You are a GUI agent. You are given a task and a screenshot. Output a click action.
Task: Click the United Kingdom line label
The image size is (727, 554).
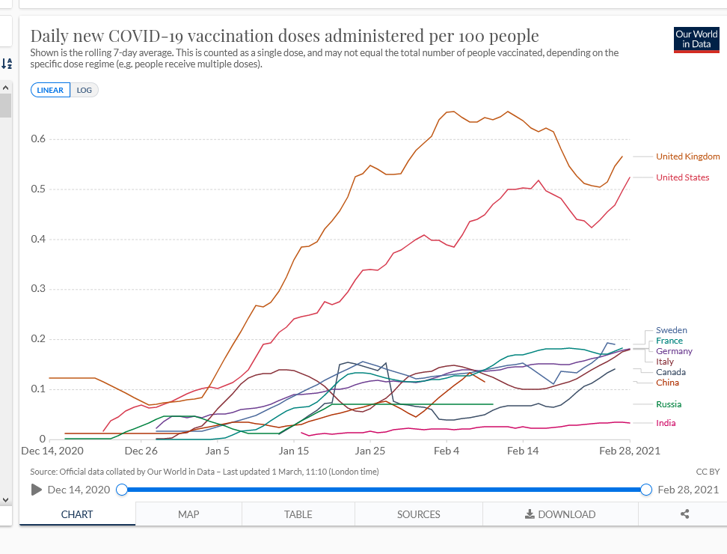pyautogui.click(x=687, y=156)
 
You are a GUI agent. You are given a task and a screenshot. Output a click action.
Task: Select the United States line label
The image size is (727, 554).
pyautogui.click(x=682, y=177)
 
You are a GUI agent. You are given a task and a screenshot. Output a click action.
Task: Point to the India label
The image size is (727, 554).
pyautogui.click(x=666, y=423)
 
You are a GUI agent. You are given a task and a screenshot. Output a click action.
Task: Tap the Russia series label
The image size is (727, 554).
pyautogui.click(x=669, y=404)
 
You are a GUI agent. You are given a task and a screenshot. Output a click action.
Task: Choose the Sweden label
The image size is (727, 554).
pyautogui.click(x=671, y=330)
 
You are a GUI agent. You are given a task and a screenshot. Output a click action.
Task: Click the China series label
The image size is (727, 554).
pyautogui.click(x=667, y=383)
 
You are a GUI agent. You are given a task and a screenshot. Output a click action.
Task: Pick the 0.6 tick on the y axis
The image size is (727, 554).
pyautogui.click(x=38, y=139)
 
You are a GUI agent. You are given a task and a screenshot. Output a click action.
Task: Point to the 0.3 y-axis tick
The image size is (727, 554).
pyautogui.click(x=38, y=289)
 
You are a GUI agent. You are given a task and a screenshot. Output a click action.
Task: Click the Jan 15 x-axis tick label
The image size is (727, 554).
pyautogui.click(x=294, y=451)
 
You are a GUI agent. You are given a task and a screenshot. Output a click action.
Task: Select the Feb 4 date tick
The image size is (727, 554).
pyautogui.click(x=447, y=451)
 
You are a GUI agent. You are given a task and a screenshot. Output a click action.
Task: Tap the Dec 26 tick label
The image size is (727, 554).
pyautogui.click(x=141, y=451)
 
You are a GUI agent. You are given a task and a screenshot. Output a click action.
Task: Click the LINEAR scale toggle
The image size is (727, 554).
pyautogui.click(x=50, y=90)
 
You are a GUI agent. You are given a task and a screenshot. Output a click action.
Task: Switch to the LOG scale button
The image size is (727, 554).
pyautogui.click(x=85, y=90)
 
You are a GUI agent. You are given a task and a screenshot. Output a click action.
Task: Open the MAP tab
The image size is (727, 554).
pyautogui.click(x=188, y=514)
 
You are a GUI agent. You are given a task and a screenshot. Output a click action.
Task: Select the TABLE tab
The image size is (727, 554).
pyautogui.click(x=298, y=514)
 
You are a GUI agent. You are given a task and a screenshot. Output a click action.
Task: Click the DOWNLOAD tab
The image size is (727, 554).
pyautogui.click(x=560, y=514)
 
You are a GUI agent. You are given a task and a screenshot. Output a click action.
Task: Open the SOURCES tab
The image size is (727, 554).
pyautogui.click(x=419, y=514)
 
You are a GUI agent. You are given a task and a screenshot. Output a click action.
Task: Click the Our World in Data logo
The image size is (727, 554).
pyautogui.click(x=696, y=39)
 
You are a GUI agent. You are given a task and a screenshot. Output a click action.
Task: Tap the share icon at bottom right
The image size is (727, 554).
pyautogui.click(x=684, y=514)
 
